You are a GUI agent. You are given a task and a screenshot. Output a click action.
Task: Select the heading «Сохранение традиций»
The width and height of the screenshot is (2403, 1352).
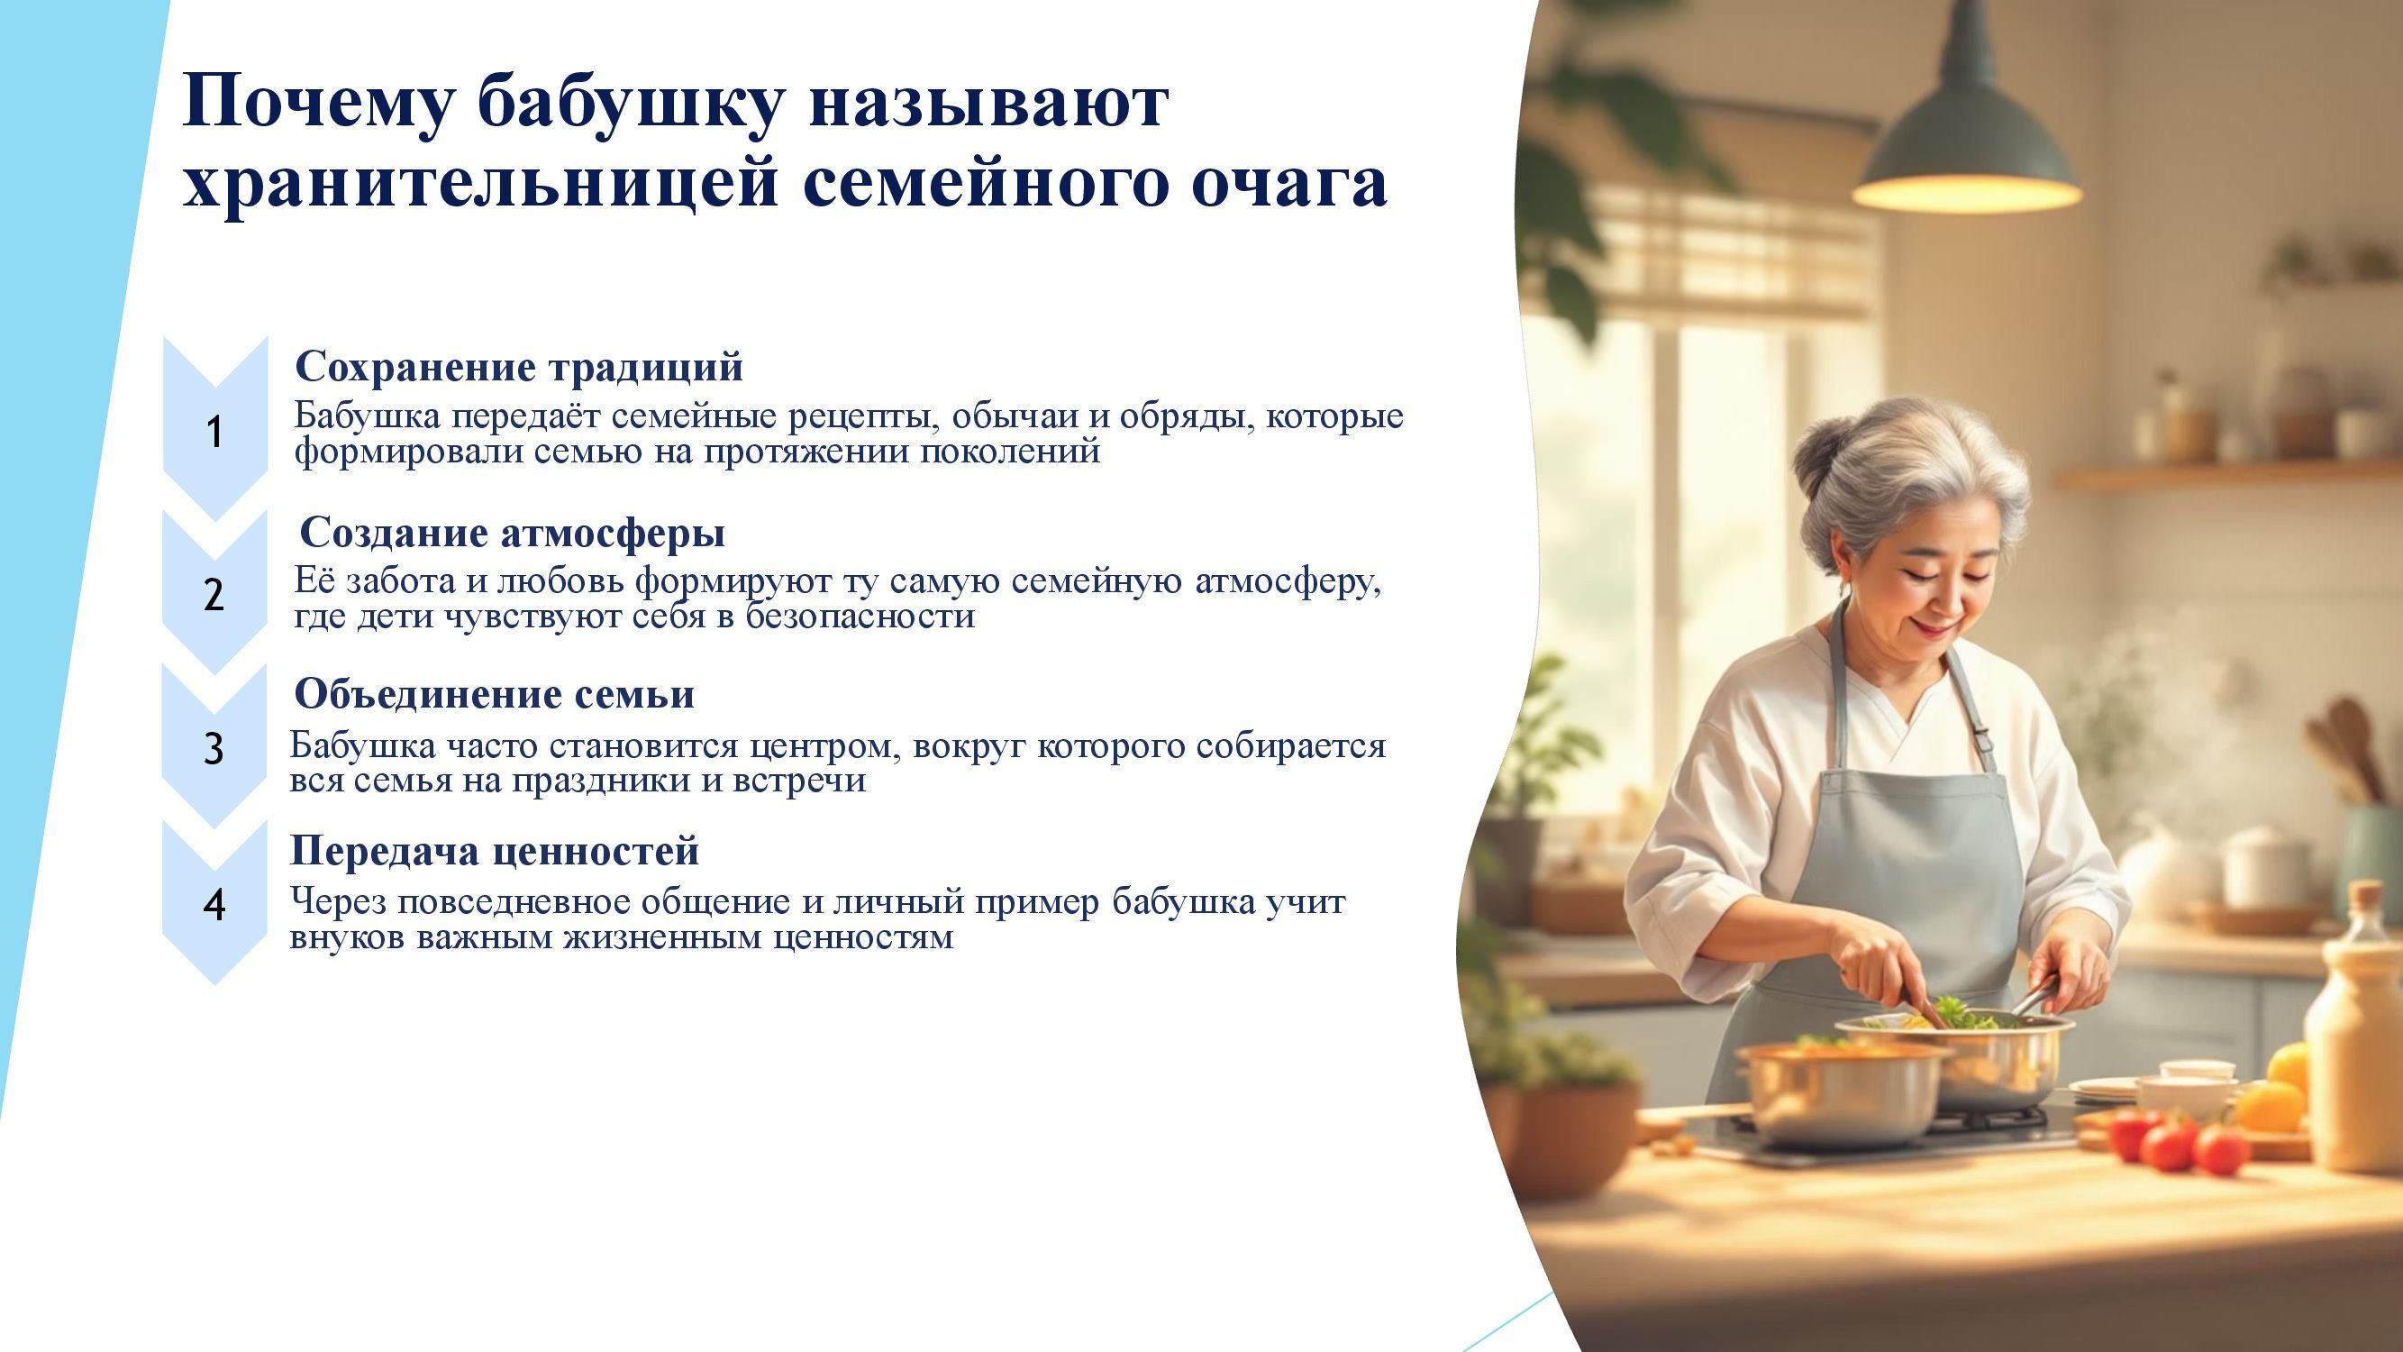(519, 368)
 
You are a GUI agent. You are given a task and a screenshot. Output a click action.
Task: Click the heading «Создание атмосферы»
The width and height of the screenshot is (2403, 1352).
(512, 534)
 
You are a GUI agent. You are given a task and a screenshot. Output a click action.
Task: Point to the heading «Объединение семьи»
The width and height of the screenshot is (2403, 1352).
(495, 695)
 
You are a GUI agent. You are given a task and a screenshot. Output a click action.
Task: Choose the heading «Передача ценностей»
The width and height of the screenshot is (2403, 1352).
(495, 851)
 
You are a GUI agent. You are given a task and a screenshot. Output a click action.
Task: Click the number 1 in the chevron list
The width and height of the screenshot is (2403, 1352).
(214, 433)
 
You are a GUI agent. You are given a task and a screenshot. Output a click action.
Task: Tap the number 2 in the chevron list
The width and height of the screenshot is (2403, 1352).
(214, 594)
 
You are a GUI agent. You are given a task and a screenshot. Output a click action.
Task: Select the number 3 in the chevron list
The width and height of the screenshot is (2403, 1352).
(214, 749)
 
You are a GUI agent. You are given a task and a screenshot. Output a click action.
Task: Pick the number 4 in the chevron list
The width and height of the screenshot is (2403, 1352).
(214, 905)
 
